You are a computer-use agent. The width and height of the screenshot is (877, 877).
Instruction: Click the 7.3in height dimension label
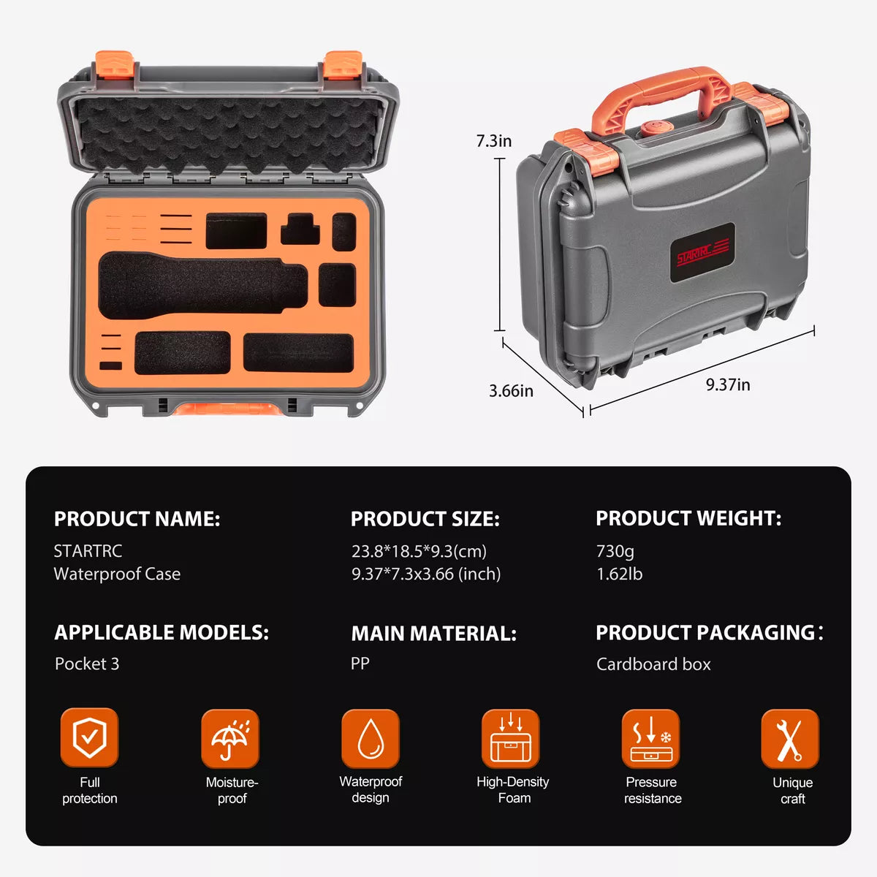[x=494, y=141]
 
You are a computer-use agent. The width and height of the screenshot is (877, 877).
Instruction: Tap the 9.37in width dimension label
[x=727, y=384]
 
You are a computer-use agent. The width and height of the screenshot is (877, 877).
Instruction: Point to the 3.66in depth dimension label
[x=511, y=391]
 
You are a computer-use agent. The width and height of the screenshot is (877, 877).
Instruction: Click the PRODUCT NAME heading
[x=137, y=519]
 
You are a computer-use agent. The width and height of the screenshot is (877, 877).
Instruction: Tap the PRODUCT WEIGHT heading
[x=688, y=518]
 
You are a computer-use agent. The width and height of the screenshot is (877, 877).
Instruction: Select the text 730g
[x=615, y=551]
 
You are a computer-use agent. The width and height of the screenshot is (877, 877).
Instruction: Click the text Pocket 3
[x=87, y=664]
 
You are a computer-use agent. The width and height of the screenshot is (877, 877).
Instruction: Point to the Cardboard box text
[x=653, y=664]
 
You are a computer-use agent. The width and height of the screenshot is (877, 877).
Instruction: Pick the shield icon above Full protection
[x=89, y=737]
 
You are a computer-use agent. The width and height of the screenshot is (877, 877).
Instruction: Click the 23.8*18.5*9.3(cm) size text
[x=419, y=551]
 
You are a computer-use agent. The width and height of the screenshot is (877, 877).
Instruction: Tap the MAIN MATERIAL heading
[x=433, y=633]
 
